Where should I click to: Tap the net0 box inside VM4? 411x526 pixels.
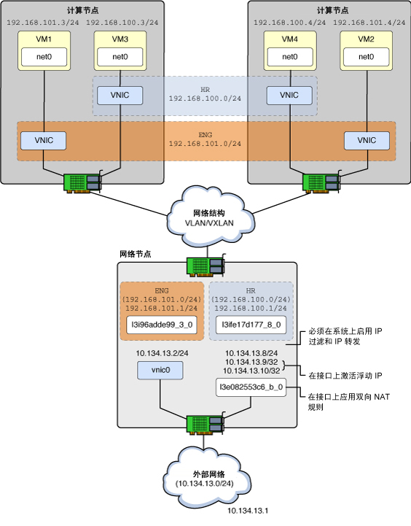click(x=289, y=55)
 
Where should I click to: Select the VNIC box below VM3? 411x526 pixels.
click(x=118, y=95)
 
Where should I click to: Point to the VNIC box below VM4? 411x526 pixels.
click(x=289, y=95)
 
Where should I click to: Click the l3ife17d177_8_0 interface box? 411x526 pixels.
click(x=251, y=325)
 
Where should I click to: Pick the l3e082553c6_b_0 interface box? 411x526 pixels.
click(x=250, y=387)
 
